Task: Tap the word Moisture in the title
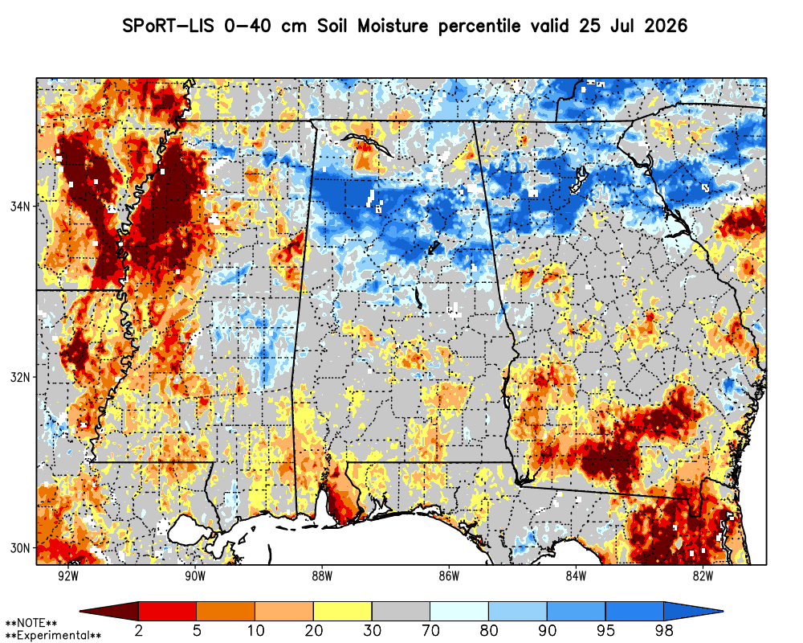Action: pyautogui.click(x=393, y=26)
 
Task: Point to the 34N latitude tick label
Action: pyautogui.click(x=21, y=206)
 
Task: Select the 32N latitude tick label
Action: pyautogui.click(x=21, y=377)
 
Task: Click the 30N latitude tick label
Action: pyautogui.click(x=21, y=547)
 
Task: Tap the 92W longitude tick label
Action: pyautogui.click(x=68, y=576)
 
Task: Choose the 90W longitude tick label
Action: pyautogui.click(x=195, y=576)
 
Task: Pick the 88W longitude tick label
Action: pyautogui.click(x=322, y=576)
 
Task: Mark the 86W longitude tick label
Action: pyautogui.click(x=449, y=576)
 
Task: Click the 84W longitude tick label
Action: pyautogui.click(x=576, y=576)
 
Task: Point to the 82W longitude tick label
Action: pyautogui.click(x=703, y=576)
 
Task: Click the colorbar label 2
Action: pyautogui.click(x=138, y=630)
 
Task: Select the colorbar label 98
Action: pyautogui.click(x=664, y=630)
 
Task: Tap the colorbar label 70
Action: pyautogui.click(x=430, y=630)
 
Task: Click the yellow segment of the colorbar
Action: pyautogui.click(x=343, y=611)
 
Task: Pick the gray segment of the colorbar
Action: pyautogui.click(x=401, y=611)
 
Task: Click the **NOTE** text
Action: pyautogui.click(x=31, y=624)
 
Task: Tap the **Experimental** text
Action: pyautogui.click(x=53, y=636)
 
